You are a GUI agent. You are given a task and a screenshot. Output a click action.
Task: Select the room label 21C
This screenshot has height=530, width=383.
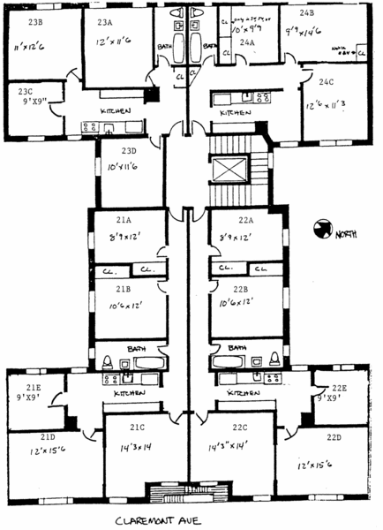137,428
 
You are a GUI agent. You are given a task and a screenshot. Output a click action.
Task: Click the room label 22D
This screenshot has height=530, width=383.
333,437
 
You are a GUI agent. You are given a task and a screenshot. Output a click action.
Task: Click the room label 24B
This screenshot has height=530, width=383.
306,13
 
